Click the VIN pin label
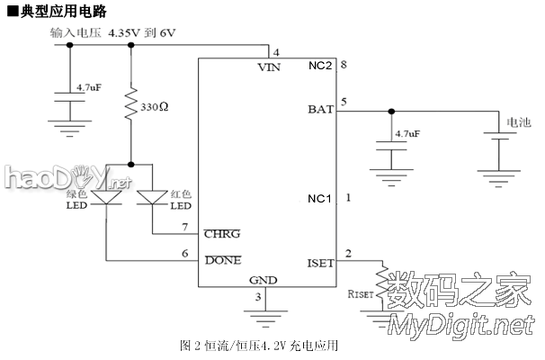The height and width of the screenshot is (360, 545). (x=268, y=67)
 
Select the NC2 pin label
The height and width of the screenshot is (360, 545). (x=321, y=67)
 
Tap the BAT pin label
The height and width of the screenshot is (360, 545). (x=320, y=112)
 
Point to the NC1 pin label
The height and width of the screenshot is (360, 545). (x=320, y=197)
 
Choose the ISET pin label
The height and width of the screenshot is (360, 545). (x=319, y=263)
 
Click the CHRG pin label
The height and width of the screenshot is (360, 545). (x=221, y=234)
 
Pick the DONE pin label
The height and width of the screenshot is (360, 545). (x=223, y=260)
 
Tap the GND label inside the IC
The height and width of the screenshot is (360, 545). (x=263, y=280)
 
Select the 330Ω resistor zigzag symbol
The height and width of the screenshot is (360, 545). (x=131, y=105)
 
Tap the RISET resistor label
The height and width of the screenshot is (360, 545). (x=360, y=293)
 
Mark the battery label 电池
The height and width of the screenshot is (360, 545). (x=519, y=121)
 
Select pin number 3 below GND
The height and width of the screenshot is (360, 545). (x=258, y=296)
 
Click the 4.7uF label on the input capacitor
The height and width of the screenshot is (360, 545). (x=88, y=87)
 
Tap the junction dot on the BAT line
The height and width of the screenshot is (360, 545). (x=390, y=112)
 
